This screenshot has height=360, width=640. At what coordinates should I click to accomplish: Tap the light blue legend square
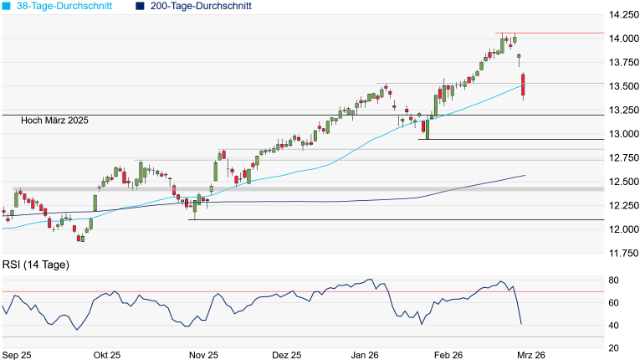(x=8, y=6)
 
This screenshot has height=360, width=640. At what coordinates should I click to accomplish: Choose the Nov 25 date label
(x=202, y=355)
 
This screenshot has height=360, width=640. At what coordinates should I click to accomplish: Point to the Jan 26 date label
(x=366, y=355)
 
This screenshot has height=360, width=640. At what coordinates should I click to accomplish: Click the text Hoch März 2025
(x=56, y=121)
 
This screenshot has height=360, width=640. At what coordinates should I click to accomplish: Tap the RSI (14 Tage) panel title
(x=35, y=265)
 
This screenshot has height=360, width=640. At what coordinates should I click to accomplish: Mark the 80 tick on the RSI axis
(x=613, y=280)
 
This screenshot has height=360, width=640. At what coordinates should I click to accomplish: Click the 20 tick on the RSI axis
(x=613, y=347)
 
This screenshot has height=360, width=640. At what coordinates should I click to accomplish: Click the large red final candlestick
(x=523, y=85)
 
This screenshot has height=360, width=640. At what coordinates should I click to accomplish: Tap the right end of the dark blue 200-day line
(x=525, y=175)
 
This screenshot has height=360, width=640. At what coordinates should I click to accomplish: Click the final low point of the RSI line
(x=521, y=323)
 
